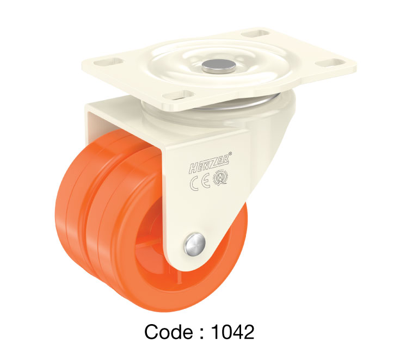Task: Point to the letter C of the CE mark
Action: pyautogui.click(x=194, y=184)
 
